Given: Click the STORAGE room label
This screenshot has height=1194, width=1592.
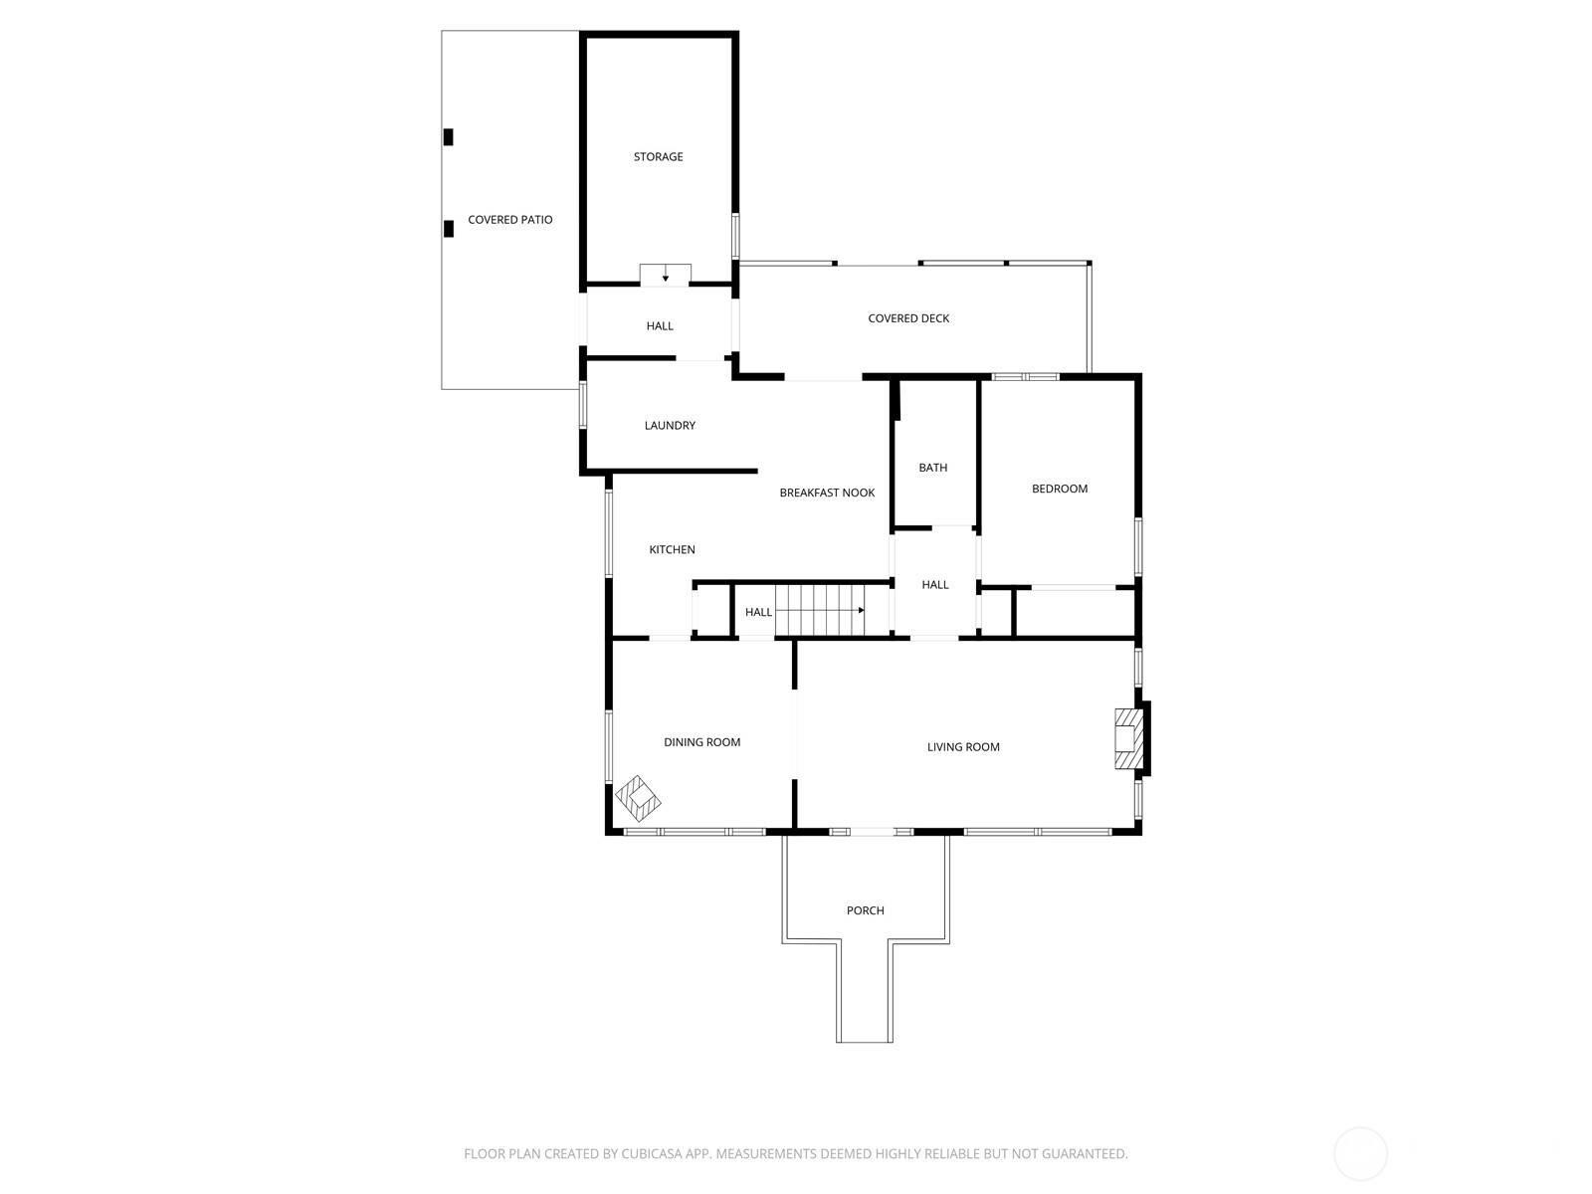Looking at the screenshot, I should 658,156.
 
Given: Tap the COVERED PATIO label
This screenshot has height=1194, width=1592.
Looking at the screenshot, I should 509,220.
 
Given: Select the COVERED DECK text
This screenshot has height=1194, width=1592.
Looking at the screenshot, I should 908,318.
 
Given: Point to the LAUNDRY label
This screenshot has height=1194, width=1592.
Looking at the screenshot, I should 670,426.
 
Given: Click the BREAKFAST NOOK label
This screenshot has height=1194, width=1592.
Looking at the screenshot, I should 827,493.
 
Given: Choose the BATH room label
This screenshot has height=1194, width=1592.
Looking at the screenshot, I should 933,468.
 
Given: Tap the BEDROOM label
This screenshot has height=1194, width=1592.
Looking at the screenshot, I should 1060,489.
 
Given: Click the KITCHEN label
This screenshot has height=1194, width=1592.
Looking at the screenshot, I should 672,549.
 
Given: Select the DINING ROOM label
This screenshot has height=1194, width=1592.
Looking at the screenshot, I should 701,742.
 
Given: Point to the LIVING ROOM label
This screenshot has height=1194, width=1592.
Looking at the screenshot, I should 963,747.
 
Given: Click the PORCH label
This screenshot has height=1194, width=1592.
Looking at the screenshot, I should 865,910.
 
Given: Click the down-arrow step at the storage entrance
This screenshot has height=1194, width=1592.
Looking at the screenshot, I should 665,275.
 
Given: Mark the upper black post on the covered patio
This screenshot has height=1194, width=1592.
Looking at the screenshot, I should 448,137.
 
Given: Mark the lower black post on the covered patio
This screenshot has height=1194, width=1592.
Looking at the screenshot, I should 448,228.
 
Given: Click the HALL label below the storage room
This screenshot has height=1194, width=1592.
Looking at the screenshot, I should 660,326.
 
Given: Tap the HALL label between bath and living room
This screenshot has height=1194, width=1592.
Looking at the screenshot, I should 934,585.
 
